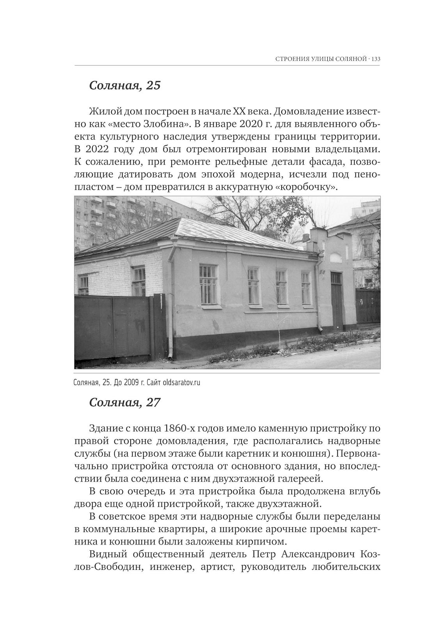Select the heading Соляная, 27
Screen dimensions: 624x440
point(125,402)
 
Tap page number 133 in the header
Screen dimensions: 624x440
point(376,59)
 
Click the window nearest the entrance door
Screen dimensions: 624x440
point(306,288)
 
